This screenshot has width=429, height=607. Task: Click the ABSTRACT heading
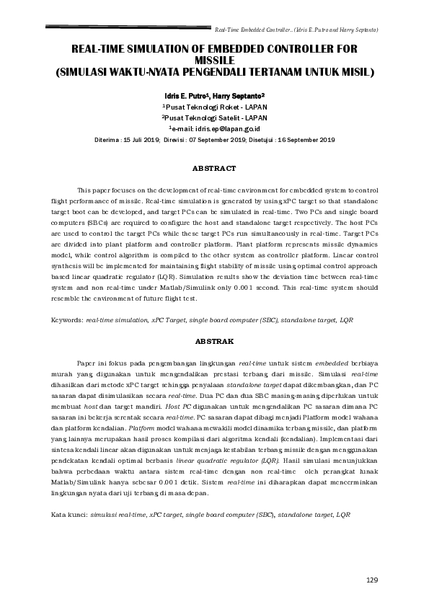(x=213, y=168)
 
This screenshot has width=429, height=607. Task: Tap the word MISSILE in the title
(x=213, y=61)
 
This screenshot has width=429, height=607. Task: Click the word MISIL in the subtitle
(x=355, y=72)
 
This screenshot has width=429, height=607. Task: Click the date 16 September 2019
(x=304, y=139)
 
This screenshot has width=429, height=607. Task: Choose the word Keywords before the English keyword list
(x=66, y=319)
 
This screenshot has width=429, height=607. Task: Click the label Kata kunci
(x=68, y=516)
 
